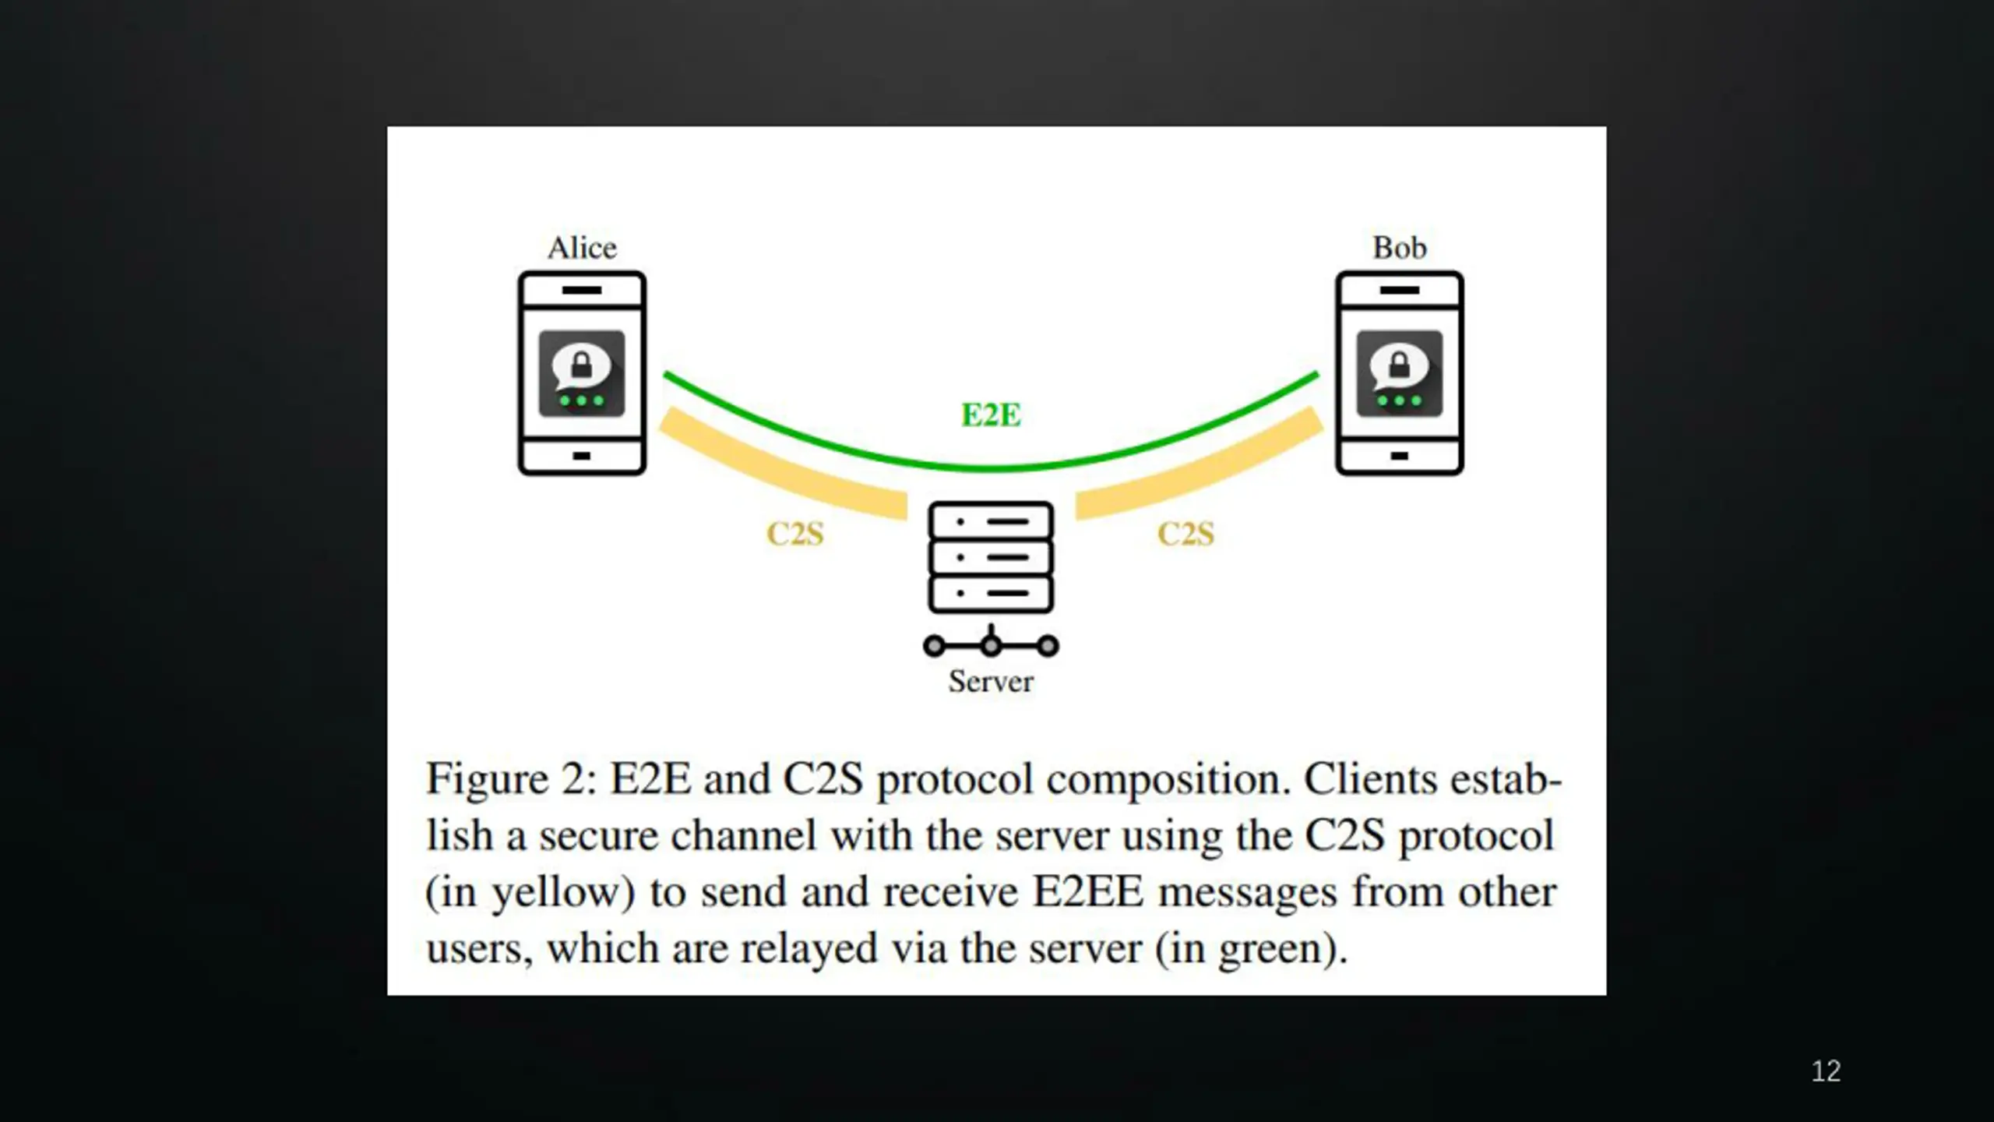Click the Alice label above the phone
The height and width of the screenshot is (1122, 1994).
[582, 248]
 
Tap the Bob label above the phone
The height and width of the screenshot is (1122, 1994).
[1399, 248]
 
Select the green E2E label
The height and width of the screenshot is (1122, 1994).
[991, 415]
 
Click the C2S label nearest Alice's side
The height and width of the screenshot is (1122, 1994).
[795, 534]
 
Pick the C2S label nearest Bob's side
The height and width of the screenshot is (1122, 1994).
[1185, 534]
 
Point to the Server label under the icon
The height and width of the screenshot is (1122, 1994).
[991, 682]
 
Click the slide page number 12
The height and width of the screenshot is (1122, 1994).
[1826, 1071]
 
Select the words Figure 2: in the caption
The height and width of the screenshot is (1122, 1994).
[511, 779]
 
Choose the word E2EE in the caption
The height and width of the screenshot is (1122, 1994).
[1088, 892]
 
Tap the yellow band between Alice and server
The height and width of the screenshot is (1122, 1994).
[779, 467]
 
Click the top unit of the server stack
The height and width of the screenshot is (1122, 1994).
[991, 521]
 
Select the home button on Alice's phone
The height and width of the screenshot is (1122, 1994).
[581, 456]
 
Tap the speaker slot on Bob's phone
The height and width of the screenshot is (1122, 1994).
[1399, 290]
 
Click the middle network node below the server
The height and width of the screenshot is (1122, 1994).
[991, 646]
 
